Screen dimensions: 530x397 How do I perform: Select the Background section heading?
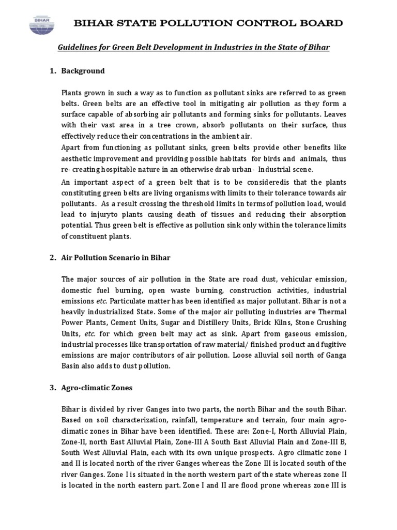(83, 70)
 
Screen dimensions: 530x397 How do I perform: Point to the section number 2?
(53, 257)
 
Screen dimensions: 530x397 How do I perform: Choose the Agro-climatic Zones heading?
(97, 387)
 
